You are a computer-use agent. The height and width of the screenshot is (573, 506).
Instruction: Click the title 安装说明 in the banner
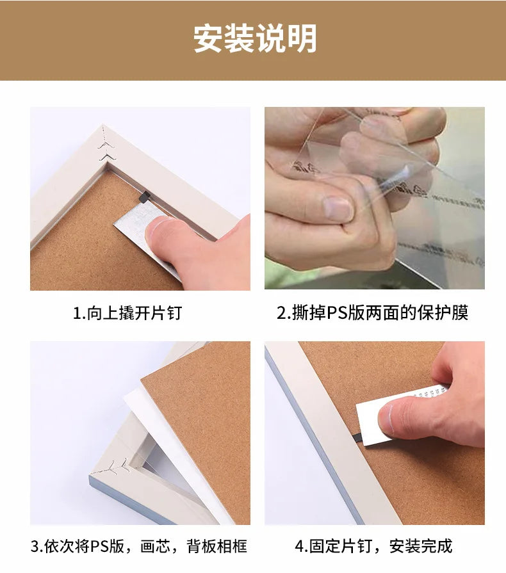[255, 38]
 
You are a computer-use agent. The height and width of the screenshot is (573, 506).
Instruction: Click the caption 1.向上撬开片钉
[127, 313]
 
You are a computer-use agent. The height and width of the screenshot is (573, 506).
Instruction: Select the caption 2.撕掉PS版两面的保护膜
[372, 313]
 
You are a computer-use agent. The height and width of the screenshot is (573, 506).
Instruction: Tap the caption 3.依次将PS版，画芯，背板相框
[139, 546]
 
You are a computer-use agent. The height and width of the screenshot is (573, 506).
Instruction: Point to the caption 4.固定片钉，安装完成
[373, 546]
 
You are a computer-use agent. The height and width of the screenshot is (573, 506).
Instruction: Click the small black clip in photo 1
[144, 197]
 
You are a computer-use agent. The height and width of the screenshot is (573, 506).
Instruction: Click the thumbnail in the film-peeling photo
[338, 209]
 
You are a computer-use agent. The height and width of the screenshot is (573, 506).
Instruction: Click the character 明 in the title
[302, 38]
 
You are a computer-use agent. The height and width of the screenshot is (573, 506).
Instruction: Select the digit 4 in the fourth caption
[300, 547]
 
